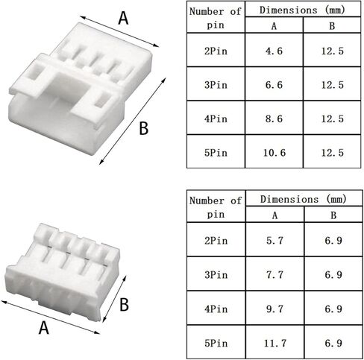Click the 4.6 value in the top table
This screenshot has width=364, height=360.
[274, 53]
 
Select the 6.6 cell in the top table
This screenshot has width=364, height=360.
[274, 86]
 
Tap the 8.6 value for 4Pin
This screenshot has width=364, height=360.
[274, 119]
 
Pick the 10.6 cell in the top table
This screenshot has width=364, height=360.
[274, 153]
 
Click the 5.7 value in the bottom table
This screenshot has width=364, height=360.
[274, 241]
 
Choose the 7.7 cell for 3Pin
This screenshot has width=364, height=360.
[274, 274]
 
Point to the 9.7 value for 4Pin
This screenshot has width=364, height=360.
[274, 307]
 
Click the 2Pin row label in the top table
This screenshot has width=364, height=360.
[215, 53]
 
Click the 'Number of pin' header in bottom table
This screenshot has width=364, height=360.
[215, 206]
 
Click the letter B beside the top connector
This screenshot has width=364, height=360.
[143, 129]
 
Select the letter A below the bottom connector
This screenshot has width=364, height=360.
[44, 326]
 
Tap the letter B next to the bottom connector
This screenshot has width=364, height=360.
[124, 304]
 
